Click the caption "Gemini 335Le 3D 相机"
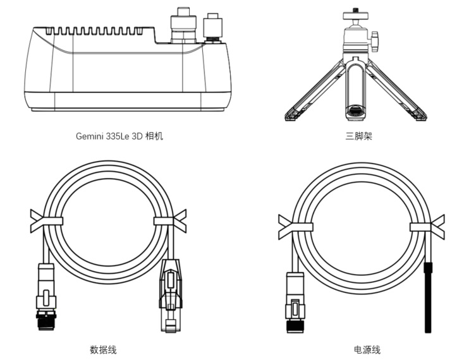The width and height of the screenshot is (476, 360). point(119,135)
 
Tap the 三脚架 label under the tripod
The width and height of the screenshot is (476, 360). point(358,135)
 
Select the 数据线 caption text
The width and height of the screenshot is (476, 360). point(103,349)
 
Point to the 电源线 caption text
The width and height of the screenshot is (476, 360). point(367,349)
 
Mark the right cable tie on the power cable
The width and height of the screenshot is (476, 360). point(425,226)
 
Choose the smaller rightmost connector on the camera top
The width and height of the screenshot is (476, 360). point(212,28)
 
